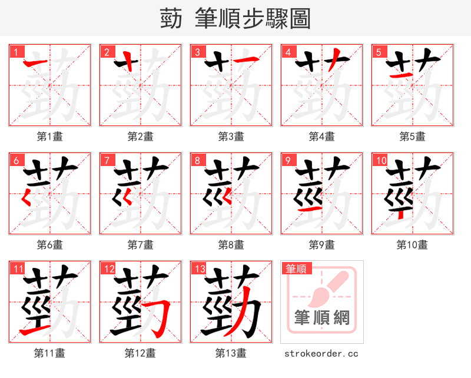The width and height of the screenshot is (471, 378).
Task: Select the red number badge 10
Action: pyautogui.click(x=380, y=160)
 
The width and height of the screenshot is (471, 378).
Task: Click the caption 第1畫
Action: pyautogui.click(x=50, y=137)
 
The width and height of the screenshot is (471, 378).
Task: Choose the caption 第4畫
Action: pyautogui.click(x=322, y=137)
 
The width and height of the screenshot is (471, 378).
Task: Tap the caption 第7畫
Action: pyautogui.click(x=141, y=244)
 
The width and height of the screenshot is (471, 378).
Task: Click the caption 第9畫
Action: pyautogui.click(x=322, y=244)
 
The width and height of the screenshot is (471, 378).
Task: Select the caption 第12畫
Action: pyautogui.click(x=141, y=353)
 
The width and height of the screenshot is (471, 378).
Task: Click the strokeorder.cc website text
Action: pyautogui.click(x=321, y=353)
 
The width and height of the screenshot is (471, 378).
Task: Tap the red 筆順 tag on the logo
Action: pyautogui.click(x=296, y=269)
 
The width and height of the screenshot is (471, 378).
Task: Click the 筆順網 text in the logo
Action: pyautogui.click(x=321, y=318)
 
